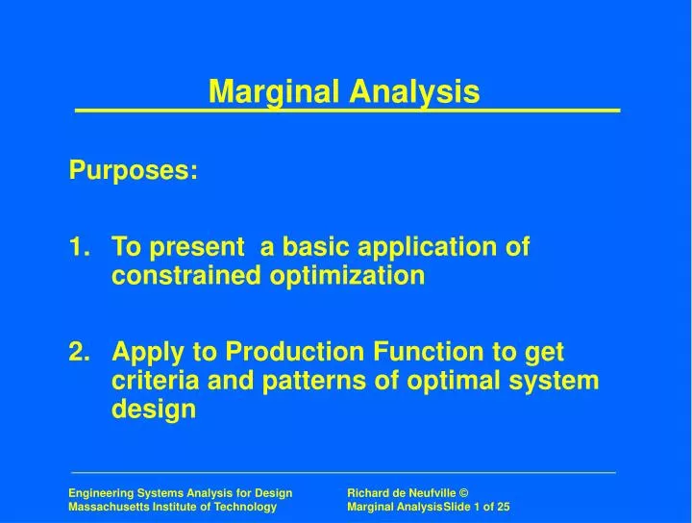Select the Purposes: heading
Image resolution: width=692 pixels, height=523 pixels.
pos(134,170)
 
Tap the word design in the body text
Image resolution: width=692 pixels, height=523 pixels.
pos(153,410)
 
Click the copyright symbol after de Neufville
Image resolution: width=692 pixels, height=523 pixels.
pos(462,491)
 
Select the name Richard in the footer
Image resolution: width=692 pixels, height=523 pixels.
pos(369,491)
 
